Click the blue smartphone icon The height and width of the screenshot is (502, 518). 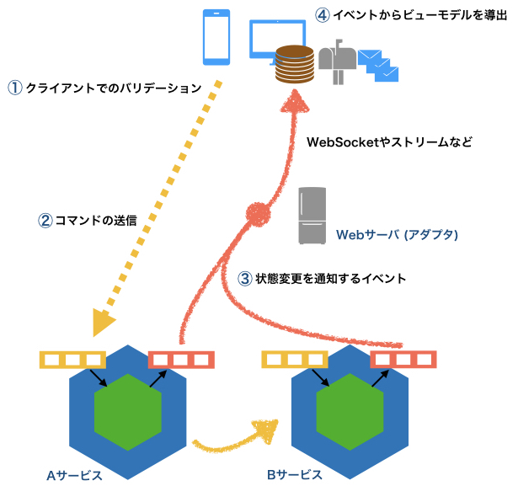pos(217,37)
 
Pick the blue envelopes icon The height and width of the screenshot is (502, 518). pos(377,66)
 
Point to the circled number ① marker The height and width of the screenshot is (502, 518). pos(14,87)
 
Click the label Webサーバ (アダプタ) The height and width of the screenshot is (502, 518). pos(397,235)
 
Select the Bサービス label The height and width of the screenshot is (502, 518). pos(295,475)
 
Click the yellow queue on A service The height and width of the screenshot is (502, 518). pos(72,360)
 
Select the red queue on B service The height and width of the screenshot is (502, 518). pos(405,360)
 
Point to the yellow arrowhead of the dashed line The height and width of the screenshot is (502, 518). pos(104,321)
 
